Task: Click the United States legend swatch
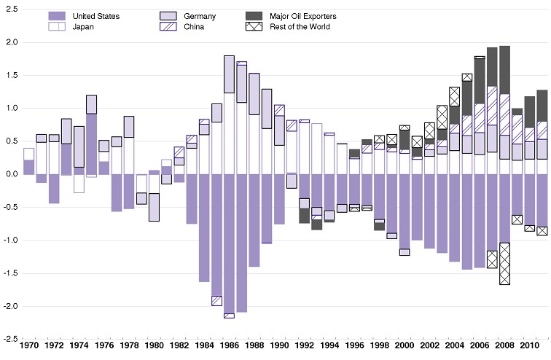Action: point(57,16)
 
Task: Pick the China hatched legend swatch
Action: point(168,27)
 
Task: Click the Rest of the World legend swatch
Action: point(254,27)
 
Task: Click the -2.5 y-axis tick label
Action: point(9,339)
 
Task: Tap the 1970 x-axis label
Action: point(29,343)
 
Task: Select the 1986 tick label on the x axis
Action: point(229,343)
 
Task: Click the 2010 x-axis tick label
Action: point(529,343)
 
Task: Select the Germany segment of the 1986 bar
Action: point(229,74)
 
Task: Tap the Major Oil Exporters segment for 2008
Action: point(504,70)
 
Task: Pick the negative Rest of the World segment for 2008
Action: point(504,264)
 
